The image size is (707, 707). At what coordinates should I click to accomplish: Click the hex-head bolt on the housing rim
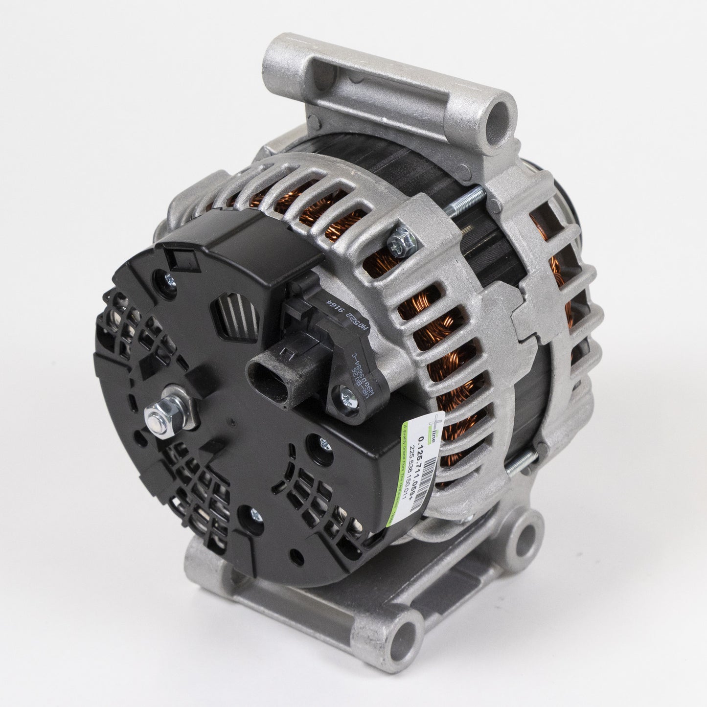(x=398, y=240)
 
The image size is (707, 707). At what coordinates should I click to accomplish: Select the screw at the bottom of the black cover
(x=255, y=514)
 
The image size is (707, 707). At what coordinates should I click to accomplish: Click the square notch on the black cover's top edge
(x=174, y=256)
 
